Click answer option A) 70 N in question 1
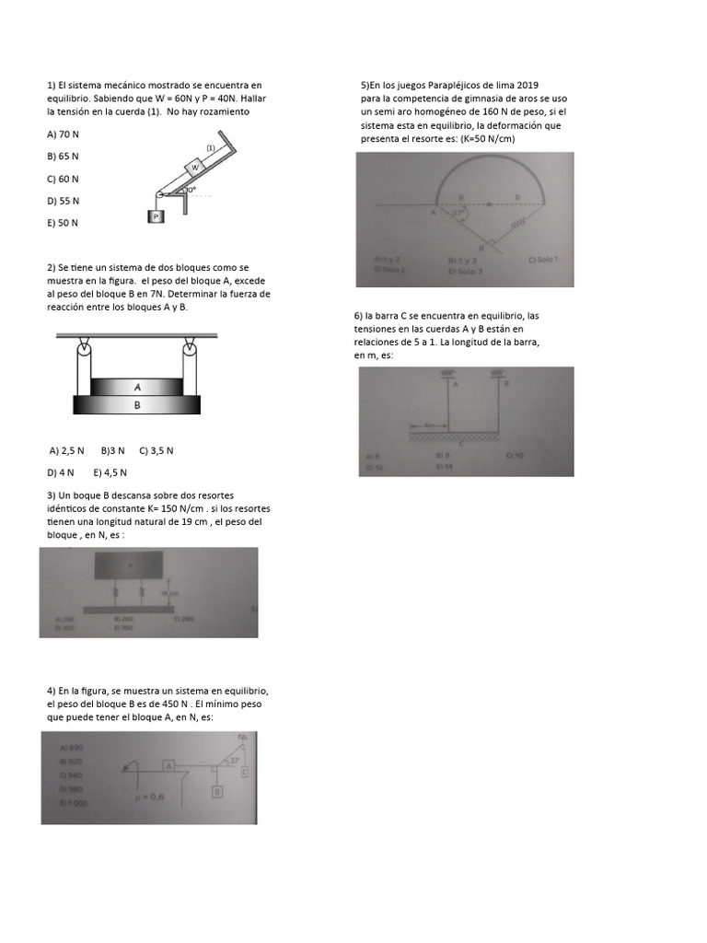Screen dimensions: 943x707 click(x=63, y=134)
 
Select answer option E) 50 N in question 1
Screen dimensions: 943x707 click(x=63, y=223)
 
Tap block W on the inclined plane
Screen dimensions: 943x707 click(x=194, y=168)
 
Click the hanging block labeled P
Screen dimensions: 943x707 click(x=156, y=216)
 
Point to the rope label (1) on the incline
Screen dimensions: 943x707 click(x=211, y=147)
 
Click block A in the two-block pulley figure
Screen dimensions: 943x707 click(x=136, y=388)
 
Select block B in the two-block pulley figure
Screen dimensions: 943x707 click(x=136, y=404)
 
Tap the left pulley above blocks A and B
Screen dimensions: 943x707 click(x=84, y=348)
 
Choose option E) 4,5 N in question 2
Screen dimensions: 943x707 click(x=110, y=472)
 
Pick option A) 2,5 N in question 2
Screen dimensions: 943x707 click(x=67, y=450)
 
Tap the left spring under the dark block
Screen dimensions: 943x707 click(x=116, y=593)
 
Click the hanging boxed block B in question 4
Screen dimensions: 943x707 click(x=217, y=791)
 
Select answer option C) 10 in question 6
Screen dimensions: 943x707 click(x=514, y=455)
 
